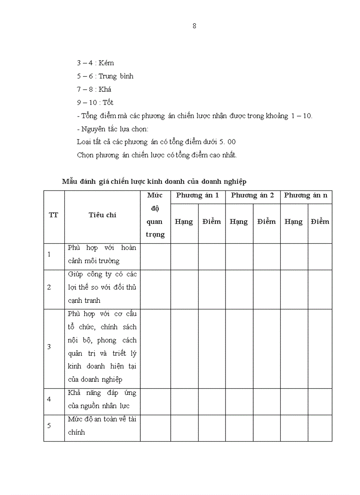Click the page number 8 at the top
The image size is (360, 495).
click(195, 26)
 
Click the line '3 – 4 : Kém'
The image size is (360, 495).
click(95, 63)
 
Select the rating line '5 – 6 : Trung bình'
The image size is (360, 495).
click(105, 76)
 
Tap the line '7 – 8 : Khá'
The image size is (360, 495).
click(94, 89)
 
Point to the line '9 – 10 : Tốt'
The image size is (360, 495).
click(95, 103)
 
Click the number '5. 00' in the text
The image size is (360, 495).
click(228, 142)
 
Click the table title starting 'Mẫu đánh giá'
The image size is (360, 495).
click(154, 182)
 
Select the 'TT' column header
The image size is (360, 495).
click(53, 215)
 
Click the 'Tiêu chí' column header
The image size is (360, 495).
click(102, 215)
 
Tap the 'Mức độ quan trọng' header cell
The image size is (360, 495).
click(155, 215)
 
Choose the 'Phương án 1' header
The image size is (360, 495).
click(198, 195)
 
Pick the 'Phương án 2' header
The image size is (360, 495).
click(253, 195)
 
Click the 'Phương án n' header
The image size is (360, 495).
click(306, 195)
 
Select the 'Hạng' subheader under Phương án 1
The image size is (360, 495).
click(184, 222)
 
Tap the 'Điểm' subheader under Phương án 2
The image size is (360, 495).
click(266, 222)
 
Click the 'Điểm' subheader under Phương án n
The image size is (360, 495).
click(320, 222)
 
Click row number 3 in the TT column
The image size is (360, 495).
click(49, 347)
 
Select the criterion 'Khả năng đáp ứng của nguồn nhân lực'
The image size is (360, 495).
click(102, 399)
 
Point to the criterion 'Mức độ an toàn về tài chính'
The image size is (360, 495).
click(102, 426)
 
